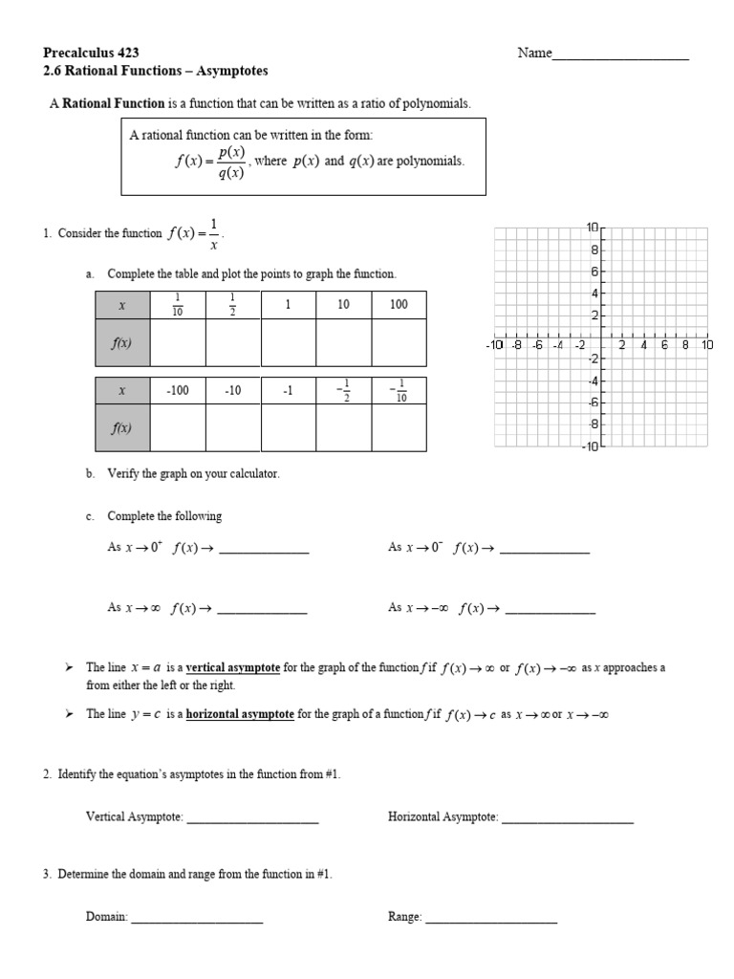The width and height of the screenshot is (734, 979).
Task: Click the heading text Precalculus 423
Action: point(85,53)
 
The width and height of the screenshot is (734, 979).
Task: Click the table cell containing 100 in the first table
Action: point(399,305)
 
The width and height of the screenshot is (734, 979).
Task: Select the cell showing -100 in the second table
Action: point(178,391)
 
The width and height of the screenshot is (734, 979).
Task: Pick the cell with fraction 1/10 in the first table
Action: point(178,305)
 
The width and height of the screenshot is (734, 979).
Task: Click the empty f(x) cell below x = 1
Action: point(288,342)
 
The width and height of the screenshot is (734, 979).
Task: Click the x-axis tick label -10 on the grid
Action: point(494,345)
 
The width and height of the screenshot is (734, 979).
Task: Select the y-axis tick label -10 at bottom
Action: point(588,446)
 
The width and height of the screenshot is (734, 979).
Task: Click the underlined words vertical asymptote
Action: point(233,668)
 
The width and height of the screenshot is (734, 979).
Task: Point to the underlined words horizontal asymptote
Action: point(240,714)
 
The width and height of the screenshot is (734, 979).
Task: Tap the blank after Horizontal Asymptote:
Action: point(567,818)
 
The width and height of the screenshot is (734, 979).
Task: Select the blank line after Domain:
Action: point(196,918)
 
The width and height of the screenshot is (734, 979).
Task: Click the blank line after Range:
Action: point(490,918)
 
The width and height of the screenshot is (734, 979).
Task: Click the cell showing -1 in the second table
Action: point(288,391)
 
